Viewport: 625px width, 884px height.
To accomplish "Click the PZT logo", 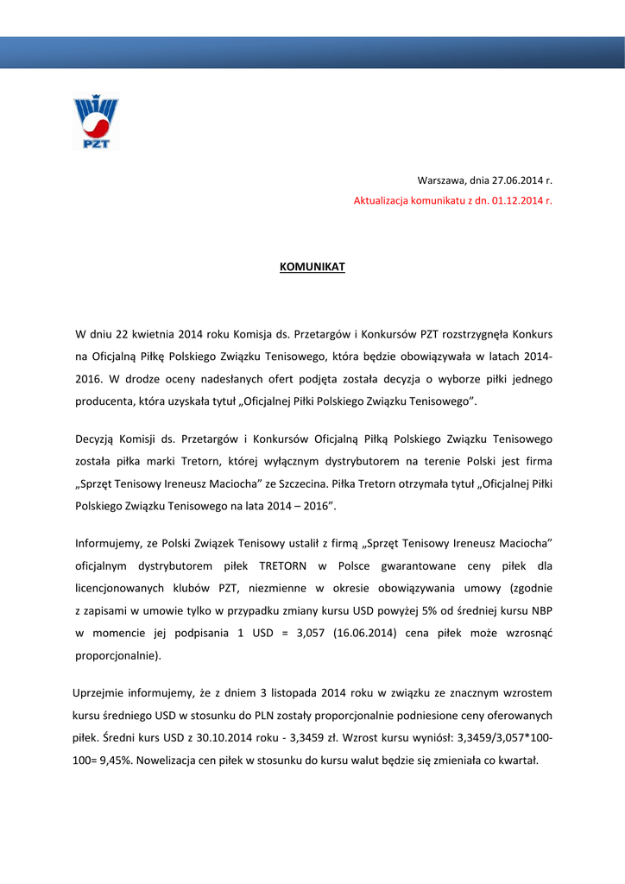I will [95, 123].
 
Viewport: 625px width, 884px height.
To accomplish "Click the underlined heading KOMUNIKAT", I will [312, 267].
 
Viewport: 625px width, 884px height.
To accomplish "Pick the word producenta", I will [104, 402].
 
